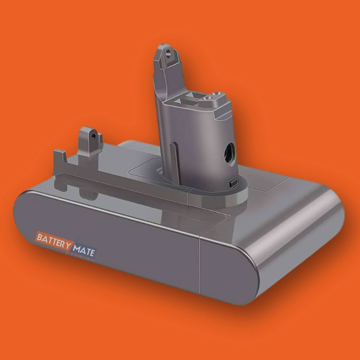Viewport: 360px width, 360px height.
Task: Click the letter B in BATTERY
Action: (40, 236)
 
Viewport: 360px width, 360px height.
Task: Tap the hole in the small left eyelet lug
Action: (93, 136)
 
